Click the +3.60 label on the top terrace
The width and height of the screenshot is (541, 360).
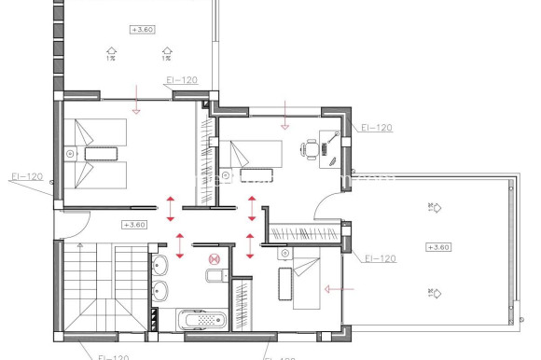tap(142, 30)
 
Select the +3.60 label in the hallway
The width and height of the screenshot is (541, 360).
tap(134, 225)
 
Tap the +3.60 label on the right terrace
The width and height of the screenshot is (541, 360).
tap(437, 247)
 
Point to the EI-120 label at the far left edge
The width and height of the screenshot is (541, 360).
tap(27, 176)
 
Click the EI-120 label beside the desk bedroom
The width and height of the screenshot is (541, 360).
tap(376, 128)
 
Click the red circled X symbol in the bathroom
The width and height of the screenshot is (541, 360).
tap(215, 258)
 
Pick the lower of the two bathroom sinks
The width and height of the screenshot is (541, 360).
tap(159, 290)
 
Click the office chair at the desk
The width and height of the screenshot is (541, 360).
tap(311, 146)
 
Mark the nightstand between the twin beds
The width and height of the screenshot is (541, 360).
tap(71, 152)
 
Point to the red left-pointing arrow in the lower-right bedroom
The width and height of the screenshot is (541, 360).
tap(328, 289)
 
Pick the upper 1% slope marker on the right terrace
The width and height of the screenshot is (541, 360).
tap(432, 208)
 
